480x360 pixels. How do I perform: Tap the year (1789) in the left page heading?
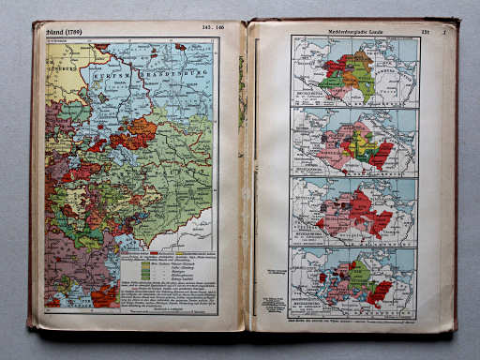click(68, 31)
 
